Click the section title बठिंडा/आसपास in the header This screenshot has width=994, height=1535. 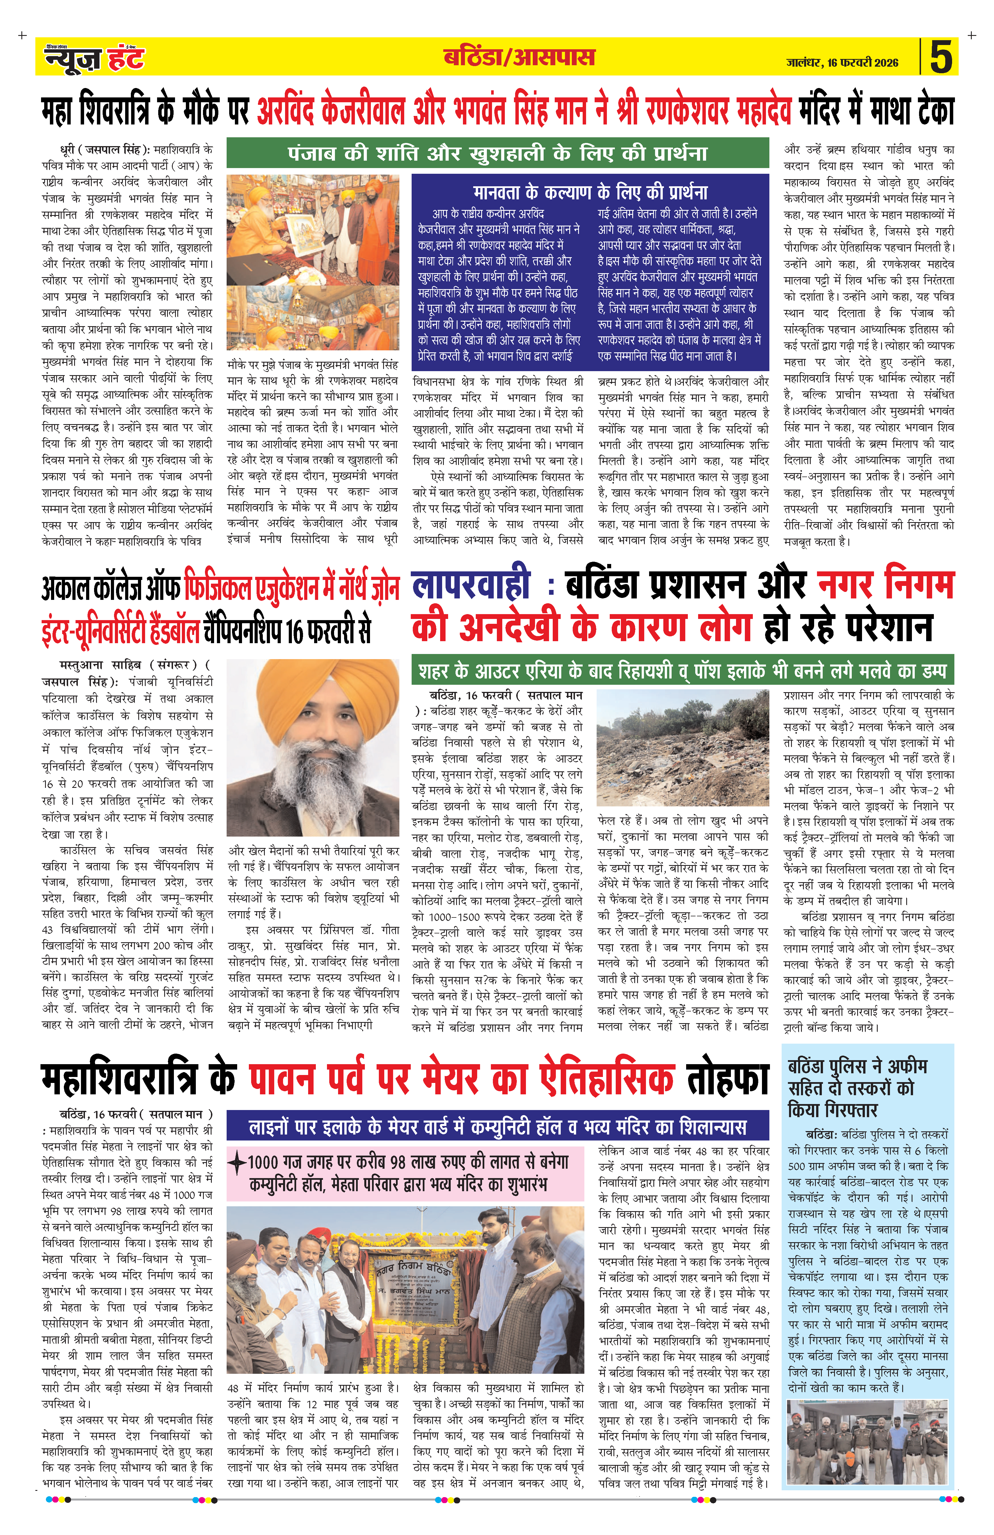519,58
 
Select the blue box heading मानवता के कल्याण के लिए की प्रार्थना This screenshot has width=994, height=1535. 590,192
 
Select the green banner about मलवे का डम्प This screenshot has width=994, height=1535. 682,671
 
